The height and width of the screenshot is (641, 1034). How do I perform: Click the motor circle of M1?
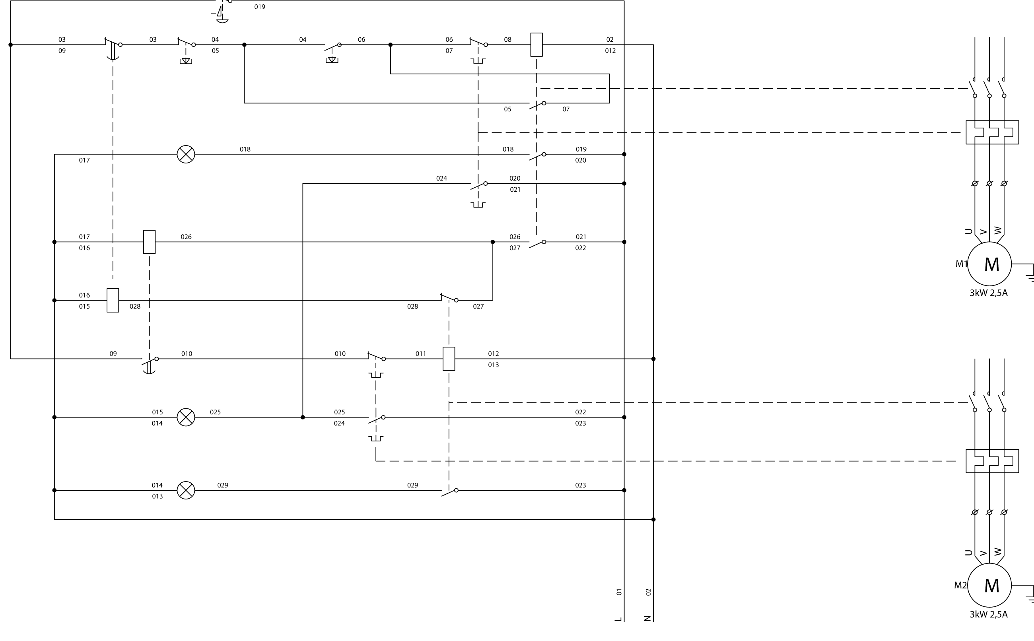(989, 264)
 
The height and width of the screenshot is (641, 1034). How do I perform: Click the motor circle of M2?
(989, 585)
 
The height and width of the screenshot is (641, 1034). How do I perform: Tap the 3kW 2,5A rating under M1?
(989, 293)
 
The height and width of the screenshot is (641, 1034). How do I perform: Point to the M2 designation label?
(960, 585)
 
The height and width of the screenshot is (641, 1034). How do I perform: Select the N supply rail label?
(647, 618)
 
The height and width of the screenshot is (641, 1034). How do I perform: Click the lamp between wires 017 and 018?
(186, 154)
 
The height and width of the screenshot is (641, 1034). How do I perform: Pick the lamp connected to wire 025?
(186, 417)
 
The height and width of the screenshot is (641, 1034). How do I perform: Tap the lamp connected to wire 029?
(186, 490)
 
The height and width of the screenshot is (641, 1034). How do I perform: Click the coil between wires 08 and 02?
(536, 45)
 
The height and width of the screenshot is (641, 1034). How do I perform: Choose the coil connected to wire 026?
(149, 242)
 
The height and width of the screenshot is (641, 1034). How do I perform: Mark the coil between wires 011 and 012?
(449, 359)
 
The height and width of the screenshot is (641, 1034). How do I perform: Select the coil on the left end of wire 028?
(113, 300)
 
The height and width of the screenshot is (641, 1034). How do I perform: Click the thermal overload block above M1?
(992, 132)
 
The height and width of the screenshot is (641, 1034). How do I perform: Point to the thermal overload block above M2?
(992, 461)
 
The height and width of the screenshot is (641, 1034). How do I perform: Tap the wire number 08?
(507, 40)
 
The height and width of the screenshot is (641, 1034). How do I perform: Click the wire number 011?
(420, 354)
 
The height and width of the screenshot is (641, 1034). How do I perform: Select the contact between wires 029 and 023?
(449, 492)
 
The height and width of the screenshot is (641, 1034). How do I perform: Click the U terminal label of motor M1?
(969, 231)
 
